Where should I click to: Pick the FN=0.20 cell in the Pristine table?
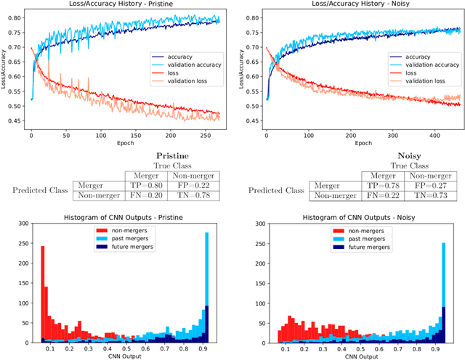tap(142, 196)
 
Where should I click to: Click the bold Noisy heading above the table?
tap(391, 155)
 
